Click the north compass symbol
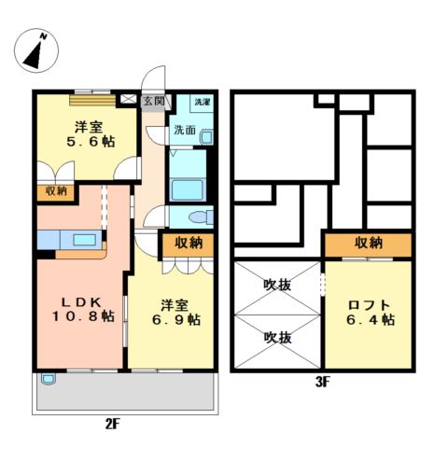point(36,50)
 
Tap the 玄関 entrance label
point(154,101)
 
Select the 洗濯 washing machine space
point(203,103)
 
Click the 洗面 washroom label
point(185,130)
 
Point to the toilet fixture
point(202,217)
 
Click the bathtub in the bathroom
point(188,189)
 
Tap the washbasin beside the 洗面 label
point(206,137)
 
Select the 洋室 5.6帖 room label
point(91,134)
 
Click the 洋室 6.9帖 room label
point(176,313)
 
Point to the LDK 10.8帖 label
point(83,309)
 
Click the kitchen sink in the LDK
point(84,240)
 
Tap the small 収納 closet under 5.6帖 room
point(56,192)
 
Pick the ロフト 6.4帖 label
point(371,313)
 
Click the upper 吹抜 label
point(277,285)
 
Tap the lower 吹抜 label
point(277,338)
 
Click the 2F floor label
point(113,424)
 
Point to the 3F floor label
point(323,382)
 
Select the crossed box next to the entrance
point(128,99)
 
